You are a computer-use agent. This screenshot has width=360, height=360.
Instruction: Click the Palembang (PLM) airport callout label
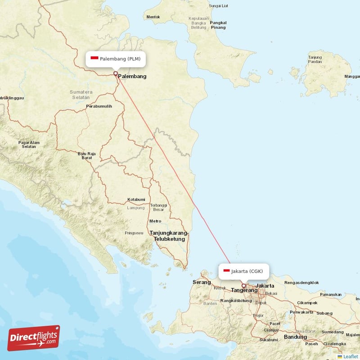click(x=116, y=59)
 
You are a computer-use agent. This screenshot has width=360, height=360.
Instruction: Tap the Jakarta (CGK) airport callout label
click(x=244, y=271)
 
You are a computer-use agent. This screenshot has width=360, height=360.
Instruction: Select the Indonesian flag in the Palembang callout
click(x=94, y=58)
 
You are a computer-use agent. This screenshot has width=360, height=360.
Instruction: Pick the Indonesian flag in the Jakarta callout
click(x=227, y=271)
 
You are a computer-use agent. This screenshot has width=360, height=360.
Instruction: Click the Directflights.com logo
click(x=33, y=338)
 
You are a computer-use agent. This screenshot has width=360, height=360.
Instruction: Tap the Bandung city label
click(x=295, y=337)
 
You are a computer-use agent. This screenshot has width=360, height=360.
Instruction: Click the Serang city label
click(x=202, y=282)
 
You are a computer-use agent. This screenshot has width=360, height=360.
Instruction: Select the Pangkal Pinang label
click(x=218, y=25)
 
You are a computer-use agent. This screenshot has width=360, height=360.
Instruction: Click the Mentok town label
click(x=153, y=17)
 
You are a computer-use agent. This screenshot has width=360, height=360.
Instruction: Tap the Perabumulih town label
click(x=99, y=106)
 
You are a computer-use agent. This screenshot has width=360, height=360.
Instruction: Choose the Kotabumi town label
click(x=136, y=199)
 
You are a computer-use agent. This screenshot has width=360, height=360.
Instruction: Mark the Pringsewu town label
click(x=134, y=233)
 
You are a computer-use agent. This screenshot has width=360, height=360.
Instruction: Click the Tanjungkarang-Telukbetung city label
click(x=169, y=236)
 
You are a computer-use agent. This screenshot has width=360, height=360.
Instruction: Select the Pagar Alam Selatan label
click(x=29, y=145)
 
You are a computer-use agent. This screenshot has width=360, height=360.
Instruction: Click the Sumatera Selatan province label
click(x=81, y=94)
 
